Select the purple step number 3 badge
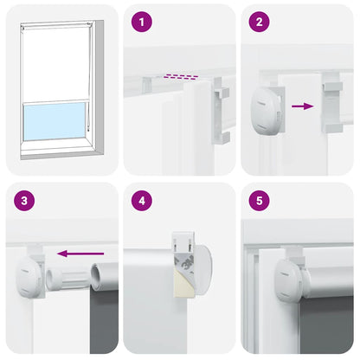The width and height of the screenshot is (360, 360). [x=25, y=201]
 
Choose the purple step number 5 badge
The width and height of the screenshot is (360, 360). [x=258, y=201]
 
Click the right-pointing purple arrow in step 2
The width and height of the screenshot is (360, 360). [x=301, y=106]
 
